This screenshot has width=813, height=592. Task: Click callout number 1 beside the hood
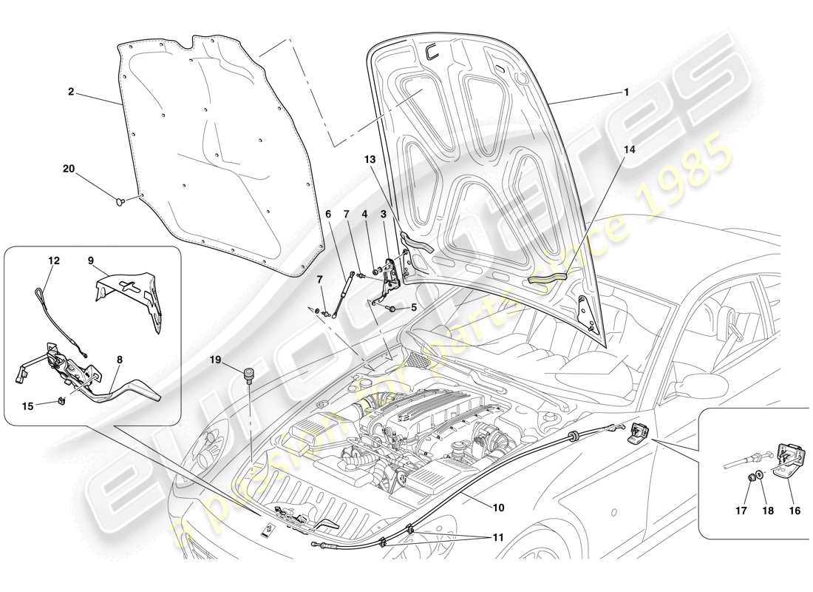click(x=625, y=93)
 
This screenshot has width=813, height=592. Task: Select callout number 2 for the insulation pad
click(x=70, y=92)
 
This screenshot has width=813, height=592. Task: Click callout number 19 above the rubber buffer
click(x=215, y=360)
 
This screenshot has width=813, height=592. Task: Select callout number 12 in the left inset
click(x=54, y=260)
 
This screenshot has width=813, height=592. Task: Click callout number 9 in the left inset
click(x=90, y=260)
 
